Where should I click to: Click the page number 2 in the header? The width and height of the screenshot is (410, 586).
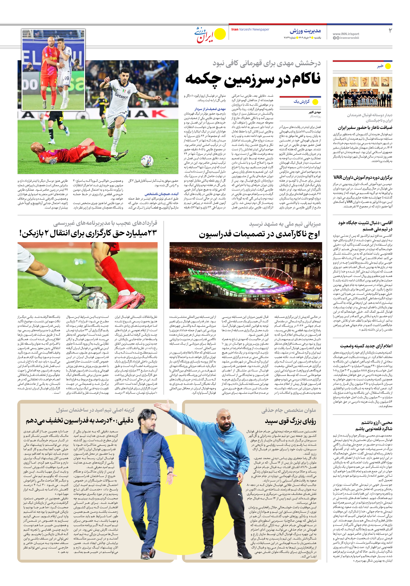(x=390, y=31)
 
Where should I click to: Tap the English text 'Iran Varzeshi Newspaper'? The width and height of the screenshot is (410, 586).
(x=250, y=29)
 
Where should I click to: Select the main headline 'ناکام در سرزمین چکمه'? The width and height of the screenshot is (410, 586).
(x=253, y=79)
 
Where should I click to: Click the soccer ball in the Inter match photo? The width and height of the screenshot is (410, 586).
(x=147, y=161)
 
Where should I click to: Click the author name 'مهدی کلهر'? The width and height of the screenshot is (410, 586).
(x=315, y=112)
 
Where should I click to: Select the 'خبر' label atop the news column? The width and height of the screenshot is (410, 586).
(x=380, y=66)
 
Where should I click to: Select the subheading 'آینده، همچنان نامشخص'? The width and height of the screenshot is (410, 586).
(x=162, y=194)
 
